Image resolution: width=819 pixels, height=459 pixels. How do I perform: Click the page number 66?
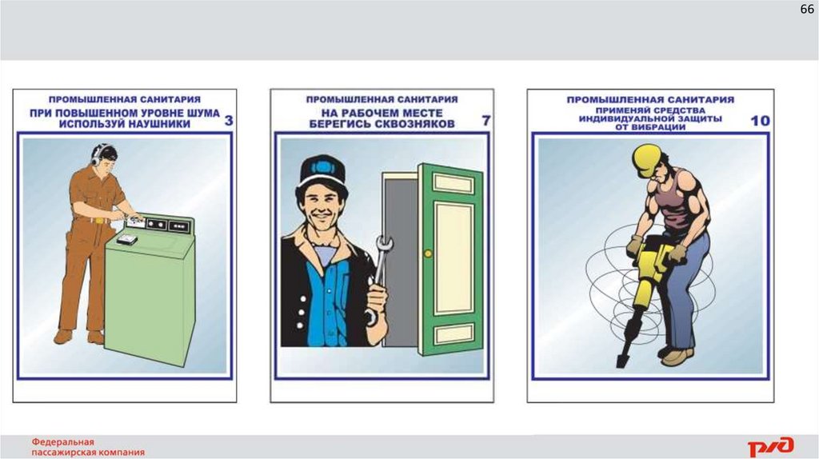806,10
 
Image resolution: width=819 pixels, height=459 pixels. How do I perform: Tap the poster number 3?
229,121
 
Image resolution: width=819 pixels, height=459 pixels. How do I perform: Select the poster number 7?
486,121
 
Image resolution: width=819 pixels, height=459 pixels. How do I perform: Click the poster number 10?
760,121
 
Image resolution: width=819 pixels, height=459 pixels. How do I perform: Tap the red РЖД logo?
771,446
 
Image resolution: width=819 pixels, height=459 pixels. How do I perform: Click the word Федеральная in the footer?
62,442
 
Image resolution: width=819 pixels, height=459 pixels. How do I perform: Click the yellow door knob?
429,253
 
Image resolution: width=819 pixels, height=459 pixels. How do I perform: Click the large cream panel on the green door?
454,258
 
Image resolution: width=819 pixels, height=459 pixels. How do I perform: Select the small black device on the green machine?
126,240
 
